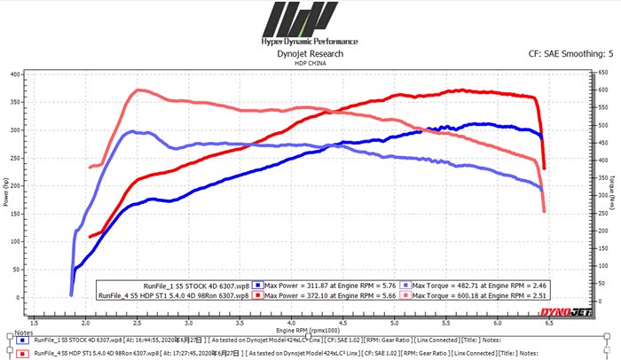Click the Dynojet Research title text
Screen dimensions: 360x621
(310, 53)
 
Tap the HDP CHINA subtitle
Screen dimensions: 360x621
(310, 63)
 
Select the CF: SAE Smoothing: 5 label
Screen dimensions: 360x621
(569, 53)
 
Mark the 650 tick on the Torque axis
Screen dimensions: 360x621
(603, 74)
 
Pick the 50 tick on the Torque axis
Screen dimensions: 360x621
(603, 283)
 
